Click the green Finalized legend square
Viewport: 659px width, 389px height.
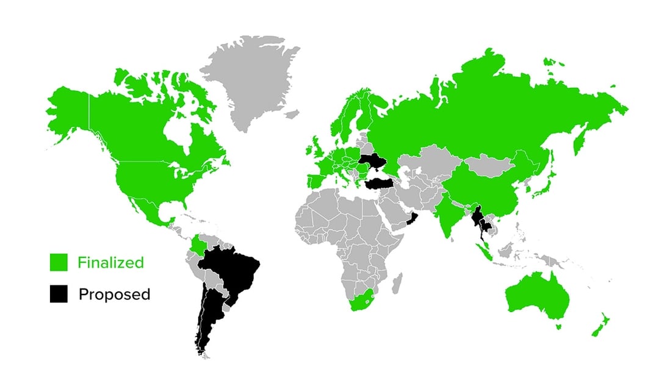coord(58,263)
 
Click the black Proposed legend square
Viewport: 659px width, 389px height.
coord(58,294)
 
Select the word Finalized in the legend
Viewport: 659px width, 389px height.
coord(110,263)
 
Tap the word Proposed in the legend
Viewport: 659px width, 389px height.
coord(114,294)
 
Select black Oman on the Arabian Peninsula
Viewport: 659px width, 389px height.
coord(413,218)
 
